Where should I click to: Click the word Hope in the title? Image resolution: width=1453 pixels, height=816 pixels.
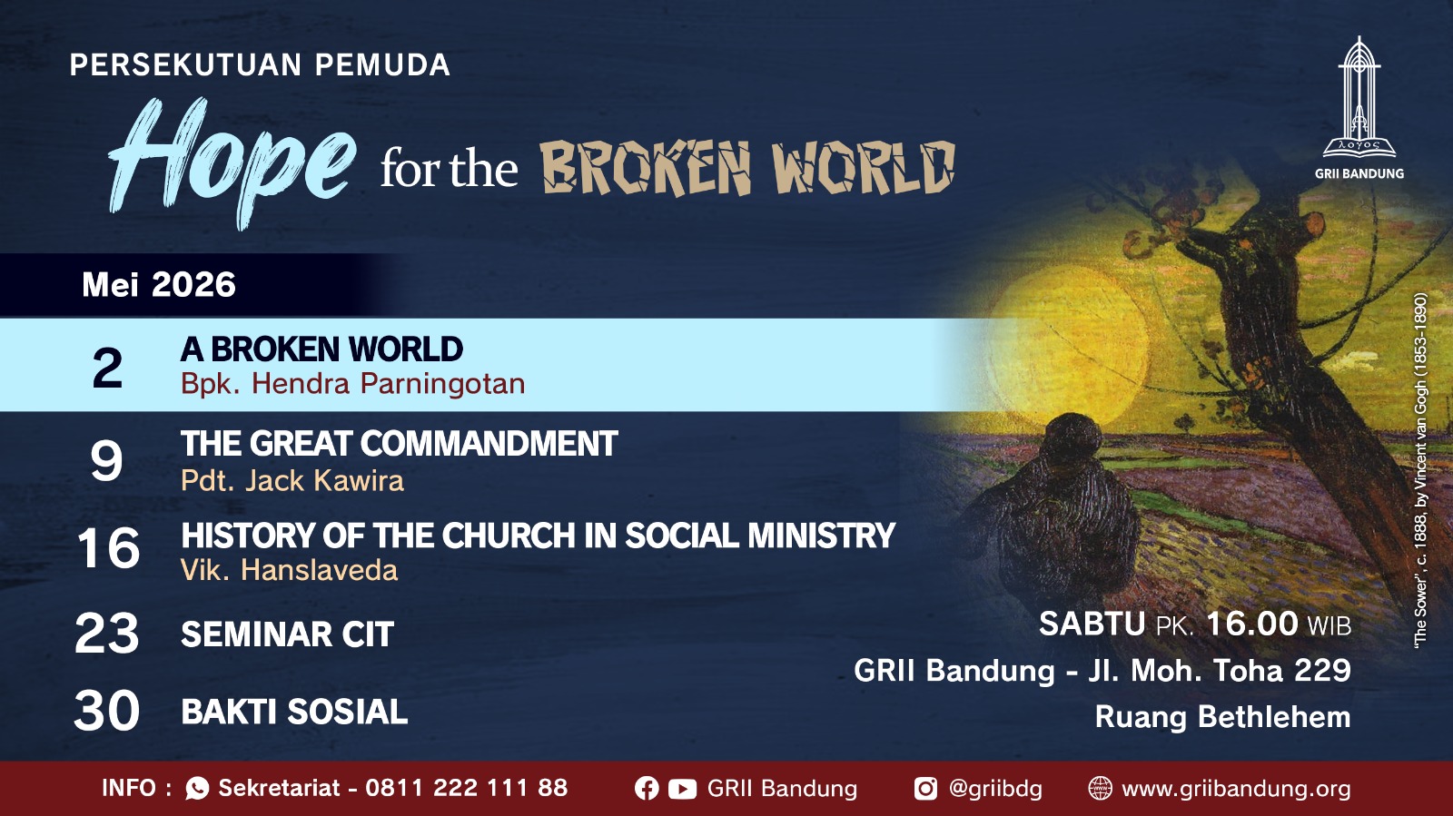[232, 162]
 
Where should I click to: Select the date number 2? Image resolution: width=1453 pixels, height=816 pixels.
[107, 368]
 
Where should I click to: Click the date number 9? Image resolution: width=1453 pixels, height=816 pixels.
[106, 460]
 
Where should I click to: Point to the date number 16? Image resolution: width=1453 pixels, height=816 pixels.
[108, 548]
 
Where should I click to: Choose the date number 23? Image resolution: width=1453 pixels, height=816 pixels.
[107, 633]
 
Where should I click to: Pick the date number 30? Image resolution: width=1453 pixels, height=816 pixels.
[107, 711]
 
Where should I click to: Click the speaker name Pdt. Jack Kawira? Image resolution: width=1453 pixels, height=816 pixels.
[292, 481]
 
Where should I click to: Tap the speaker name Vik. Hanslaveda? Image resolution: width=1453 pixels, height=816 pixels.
[290, 570]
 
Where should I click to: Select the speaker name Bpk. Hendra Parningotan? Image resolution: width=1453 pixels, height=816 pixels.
[353, 384]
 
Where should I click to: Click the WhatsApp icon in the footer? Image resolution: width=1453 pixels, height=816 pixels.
[197, 789]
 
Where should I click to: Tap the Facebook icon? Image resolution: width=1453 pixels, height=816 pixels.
[647, 789]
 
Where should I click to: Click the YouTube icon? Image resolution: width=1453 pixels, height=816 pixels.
[682, 789]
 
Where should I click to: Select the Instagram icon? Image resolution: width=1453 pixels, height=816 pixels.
[925, 789]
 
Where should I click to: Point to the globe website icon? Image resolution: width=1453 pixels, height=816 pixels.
[1100, 789]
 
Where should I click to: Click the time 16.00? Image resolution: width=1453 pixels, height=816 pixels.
[1252, 624]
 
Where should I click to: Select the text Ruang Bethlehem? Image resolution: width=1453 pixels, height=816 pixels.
[1222, 717]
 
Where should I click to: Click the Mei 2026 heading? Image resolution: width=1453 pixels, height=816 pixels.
[159, 284]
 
